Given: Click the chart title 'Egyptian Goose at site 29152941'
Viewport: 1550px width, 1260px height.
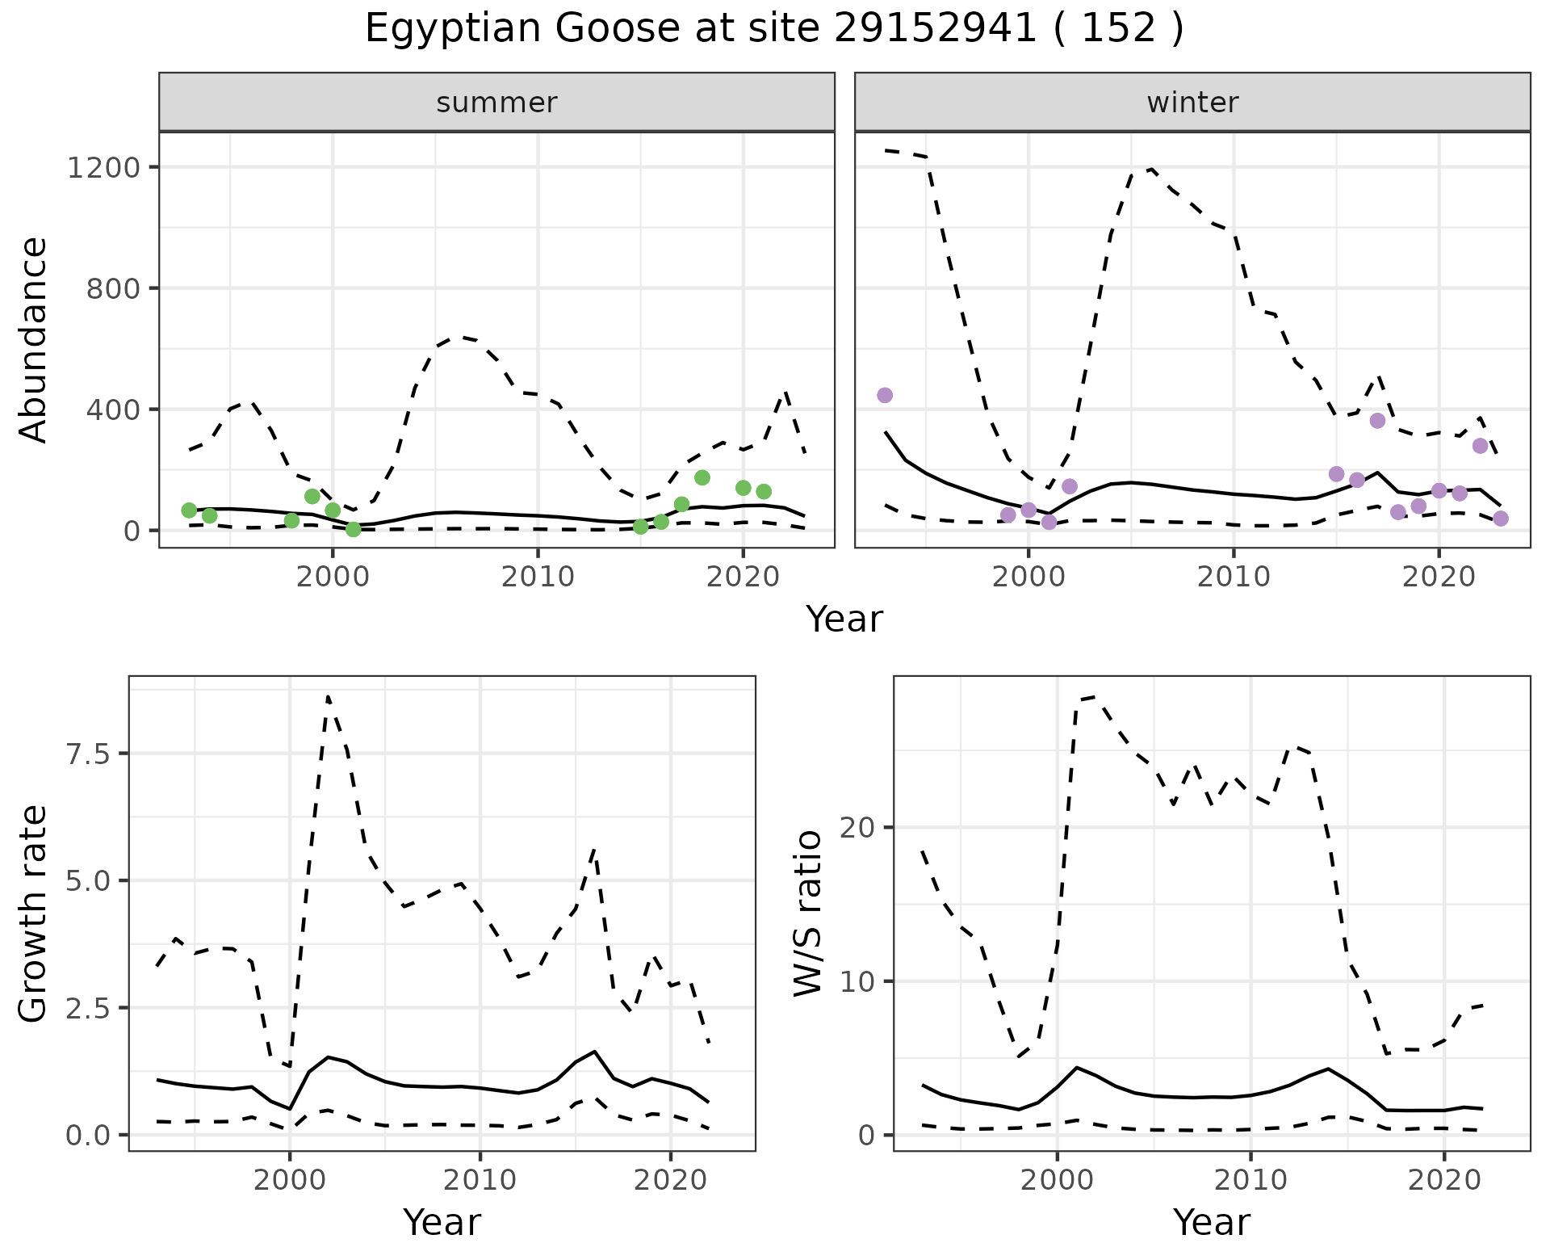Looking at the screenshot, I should (x=773, y=29).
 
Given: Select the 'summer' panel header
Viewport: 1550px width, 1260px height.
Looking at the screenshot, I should (x=496, y=103).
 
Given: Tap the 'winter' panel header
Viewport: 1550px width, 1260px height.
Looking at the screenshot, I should (x=1192, y=103).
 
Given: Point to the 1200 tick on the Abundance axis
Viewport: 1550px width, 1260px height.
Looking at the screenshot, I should (x=103, y=168).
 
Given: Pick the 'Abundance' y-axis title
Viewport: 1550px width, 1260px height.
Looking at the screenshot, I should (x=34, y=339).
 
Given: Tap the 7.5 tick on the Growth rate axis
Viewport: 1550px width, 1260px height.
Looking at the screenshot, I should (x=87, y=754).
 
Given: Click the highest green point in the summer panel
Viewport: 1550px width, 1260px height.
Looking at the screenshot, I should (x=702, y=477).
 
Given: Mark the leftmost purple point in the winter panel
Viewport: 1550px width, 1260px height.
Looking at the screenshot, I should (x=885, y=395).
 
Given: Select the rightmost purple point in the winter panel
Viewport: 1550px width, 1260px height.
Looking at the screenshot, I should (x=1500, y=519).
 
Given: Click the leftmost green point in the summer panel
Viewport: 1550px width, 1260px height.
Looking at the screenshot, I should (x=189, y=510).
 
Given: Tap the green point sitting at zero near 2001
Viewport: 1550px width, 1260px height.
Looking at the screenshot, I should (x=353, y=529).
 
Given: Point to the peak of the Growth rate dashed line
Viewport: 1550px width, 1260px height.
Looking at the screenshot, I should (x=328, y=696).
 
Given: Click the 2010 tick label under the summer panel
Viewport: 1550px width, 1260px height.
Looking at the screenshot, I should (x=538, y=577).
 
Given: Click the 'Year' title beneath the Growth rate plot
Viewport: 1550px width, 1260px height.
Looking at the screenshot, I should (x=442, y=1222).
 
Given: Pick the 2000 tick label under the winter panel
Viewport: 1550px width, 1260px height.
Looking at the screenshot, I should (x=1028, y=577).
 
